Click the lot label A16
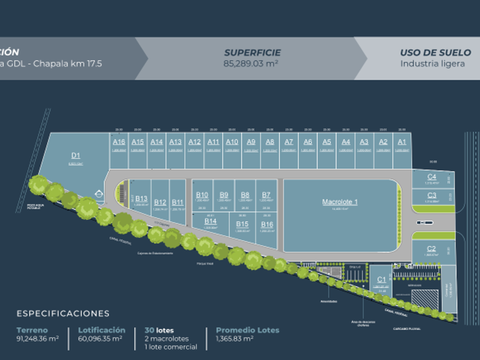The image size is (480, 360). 119,142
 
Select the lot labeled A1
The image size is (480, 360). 402,142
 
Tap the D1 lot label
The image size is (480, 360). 75,155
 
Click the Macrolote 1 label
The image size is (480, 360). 340,202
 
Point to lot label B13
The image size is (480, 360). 141,199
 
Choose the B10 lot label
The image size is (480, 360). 202,195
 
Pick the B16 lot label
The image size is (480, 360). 266,225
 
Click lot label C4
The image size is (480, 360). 431,177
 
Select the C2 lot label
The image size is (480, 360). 431,248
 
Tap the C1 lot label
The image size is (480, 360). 381,279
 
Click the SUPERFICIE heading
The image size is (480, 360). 252,53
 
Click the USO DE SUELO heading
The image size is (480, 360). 435,53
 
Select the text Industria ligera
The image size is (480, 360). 435,63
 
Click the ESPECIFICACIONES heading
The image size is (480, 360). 63,313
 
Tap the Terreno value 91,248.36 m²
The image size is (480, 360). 38,338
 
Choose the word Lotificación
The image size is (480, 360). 101,330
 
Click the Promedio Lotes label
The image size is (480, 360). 247,330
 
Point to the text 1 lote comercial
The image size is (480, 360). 170,346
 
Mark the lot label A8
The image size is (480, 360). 270,142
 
